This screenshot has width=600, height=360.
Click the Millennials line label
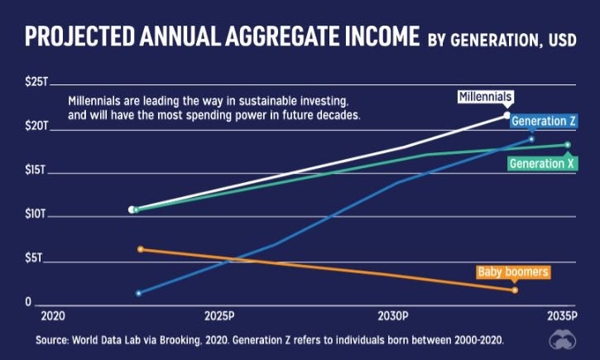486,98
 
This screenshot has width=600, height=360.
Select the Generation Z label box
543,122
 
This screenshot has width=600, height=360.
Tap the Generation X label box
542,164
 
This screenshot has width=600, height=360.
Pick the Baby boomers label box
513,271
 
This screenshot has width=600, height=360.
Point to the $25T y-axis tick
38,84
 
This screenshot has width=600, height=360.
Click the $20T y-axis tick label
38,127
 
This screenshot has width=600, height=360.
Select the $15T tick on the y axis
38,171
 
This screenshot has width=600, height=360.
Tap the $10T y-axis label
38,215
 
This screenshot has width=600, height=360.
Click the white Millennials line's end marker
507,115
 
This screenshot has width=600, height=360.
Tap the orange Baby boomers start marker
141,249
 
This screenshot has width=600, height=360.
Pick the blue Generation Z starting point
138,293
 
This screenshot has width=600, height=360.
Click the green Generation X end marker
568,145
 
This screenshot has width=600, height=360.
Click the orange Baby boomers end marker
515,290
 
